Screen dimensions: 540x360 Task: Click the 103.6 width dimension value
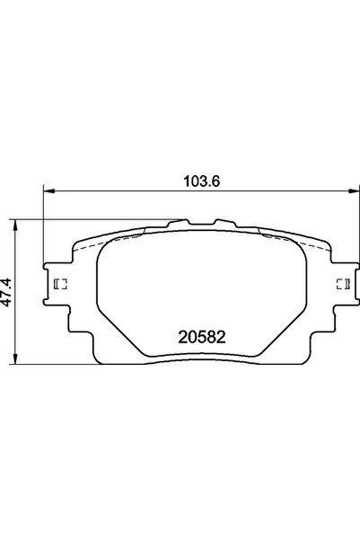click(198, 179)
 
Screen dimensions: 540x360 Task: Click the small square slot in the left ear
click(61, 285)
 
